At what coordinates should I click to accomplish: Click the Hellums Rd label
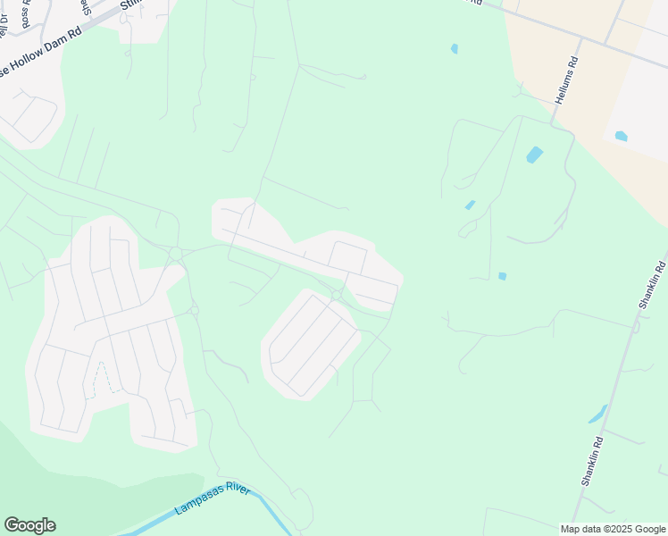pyautogui.click(x=566, y=81)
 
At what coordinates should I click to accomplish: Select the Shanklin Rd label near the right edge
pyautogui.click(x=652, y=284)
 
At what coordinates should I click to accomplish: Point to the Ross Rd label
pyautogui.click(x=26, y=13)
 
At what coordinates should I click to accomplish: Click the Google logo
pyautogui.click(x=29, y=525)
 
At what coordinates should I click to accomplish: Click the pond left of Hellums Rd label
pyautogui.click(x=455, y=48)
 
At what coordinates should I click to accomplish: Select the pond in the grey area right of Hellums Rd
pyautogui.click(x=621, y=136)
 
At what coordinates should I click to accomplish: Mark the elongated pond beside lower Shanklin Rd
pyautogui.click(x=597, y=415)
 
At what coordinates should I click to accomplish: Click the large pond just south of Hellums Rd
pyautogui.click(x=534, y=155)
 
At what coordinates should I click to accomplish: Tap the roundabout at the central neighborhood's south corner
pyautogui.click(x=337, y=295)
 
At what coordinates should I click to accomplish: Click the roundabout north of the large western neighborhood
pyautogui.click(x=176, y=254)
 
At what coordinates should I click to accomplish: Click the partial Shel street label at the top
pyautogui.click(x=86, y=7)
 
